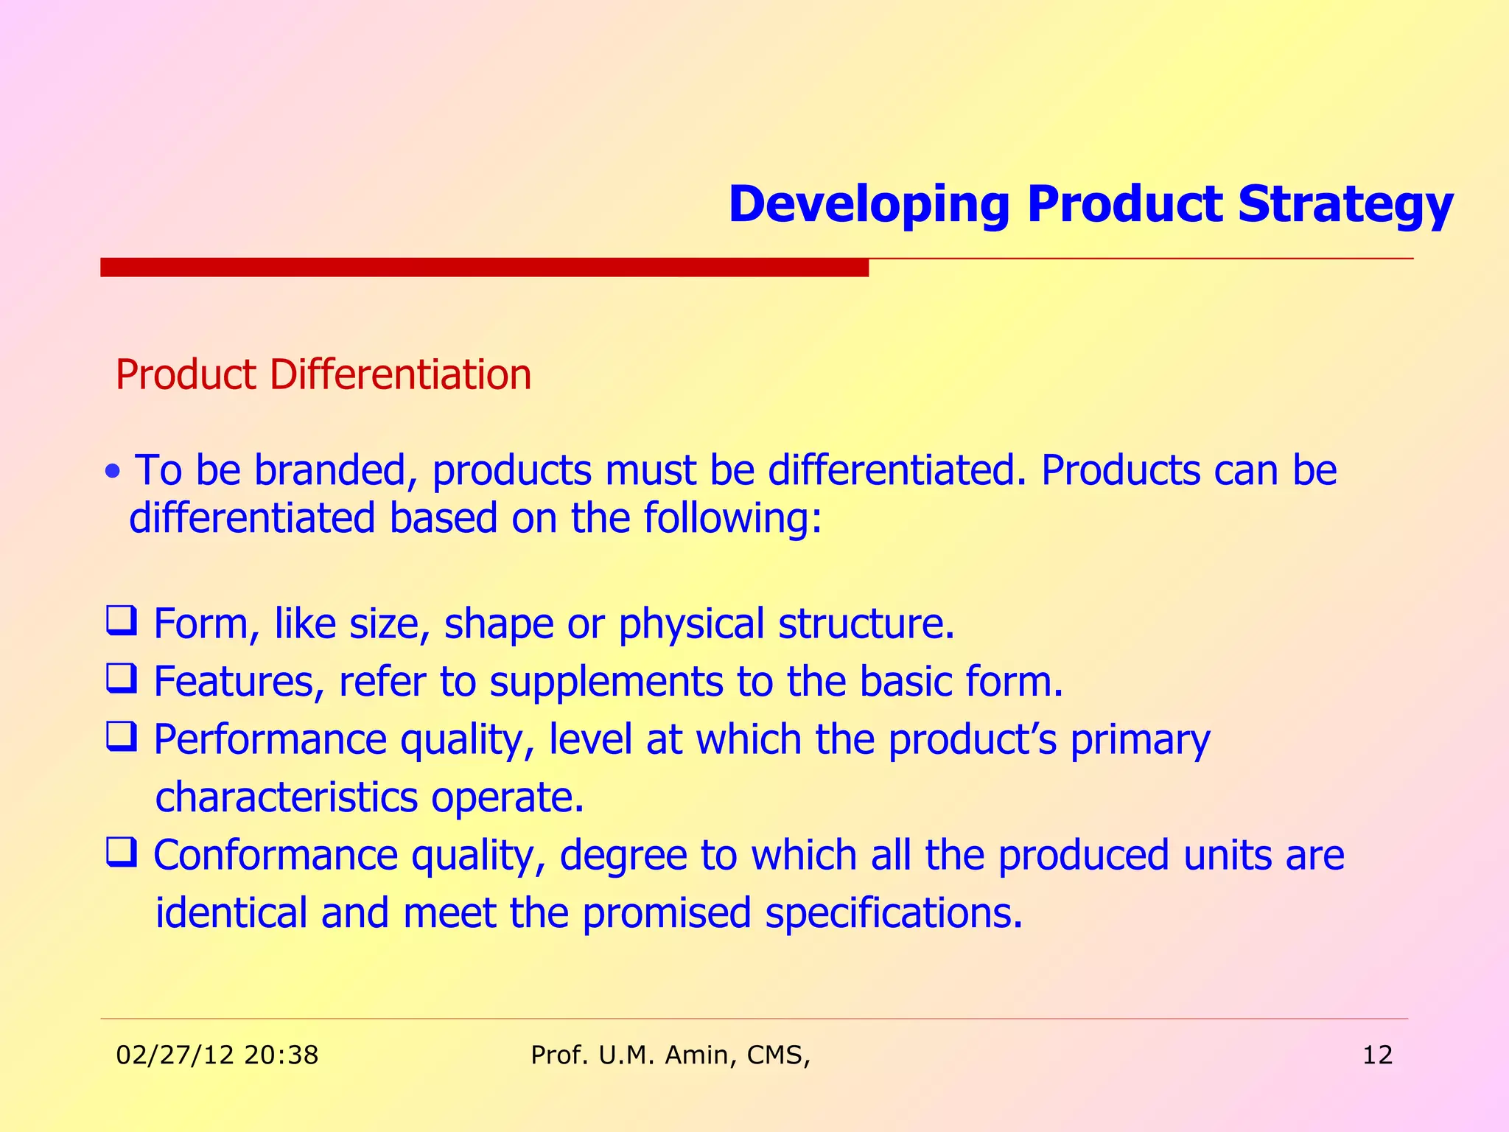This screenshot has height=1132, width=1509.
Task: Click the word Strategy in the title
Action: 1345,205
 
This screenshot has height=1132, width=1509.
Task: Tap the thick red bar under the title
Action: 484,267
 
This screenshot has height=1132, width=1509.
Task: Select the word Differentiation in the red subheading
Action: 400,374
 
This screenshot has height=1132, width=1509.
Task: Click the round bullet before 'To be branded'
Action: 112,472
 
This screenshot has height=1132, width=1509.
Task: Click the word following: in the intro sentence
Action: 732,518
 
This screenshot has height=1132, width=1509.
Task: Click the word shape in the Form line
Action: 498,624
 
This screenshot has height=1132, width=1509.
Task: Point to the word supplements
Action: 606,682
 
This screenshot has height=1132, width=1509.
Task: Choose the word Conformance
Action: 276,856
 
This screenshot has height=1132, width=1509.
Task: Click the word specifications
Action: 894,914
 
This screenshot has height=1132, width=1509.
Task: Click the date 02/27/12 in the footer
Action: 175,1055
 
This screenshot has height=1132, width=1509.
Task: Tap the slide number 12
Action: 1377,1055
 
